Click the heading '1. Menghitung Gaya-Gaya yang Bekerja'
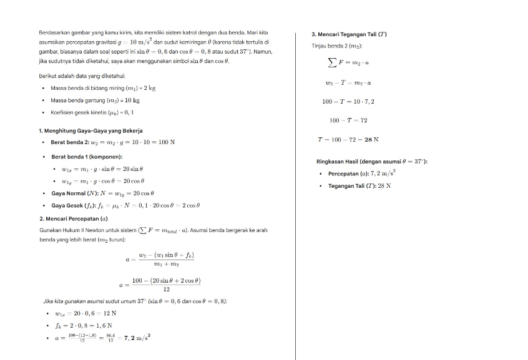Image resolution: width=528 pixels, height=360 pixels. (90, 130)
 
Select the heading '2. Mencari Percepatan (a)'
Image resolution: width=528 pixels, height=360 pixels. (73, 218)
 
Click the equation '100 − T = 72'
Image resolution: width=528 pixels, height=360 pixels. (348, 120)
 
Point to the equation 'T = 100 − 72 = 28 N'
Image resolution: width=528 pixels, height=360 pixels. (348, 140)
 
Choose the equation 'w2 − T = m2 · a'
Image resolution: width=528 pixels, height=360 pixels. (348, 82)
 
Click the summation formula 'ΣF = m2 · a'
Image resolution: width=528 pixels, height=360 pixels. (348, 62)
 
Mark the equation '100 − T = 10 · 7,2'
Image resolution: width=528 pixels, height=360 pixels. (348, 101)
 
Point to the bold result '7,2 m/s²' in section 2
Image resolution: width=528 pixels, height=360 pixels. (137, 338)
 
